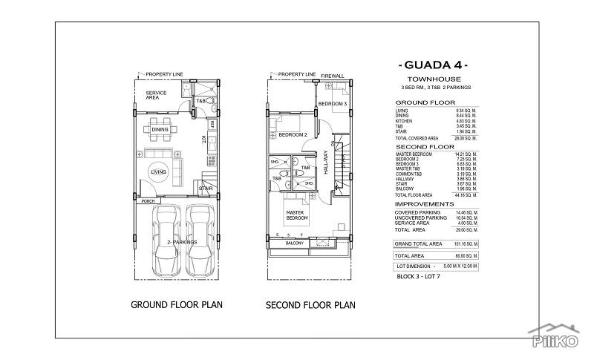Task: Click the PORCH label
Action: tap(148, 200)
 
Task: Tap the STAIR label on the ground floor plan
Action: tap(206, 189)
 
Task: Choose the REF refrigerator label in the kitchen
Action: tap(212, 123)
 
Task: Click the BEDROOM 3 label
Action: tap(333, 103)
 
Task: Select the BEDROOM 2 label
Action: tap(293, 134)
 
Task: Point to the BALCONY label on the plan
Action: tap(295, 243)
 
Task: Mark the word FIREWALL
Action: tap(333, 75)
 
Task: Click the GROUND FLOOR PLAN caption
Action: tap(177, 304)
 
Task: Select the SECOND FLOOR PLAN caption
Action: tap(310, 304)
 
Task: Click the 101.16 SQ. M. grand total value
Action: tap(464, 243)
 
